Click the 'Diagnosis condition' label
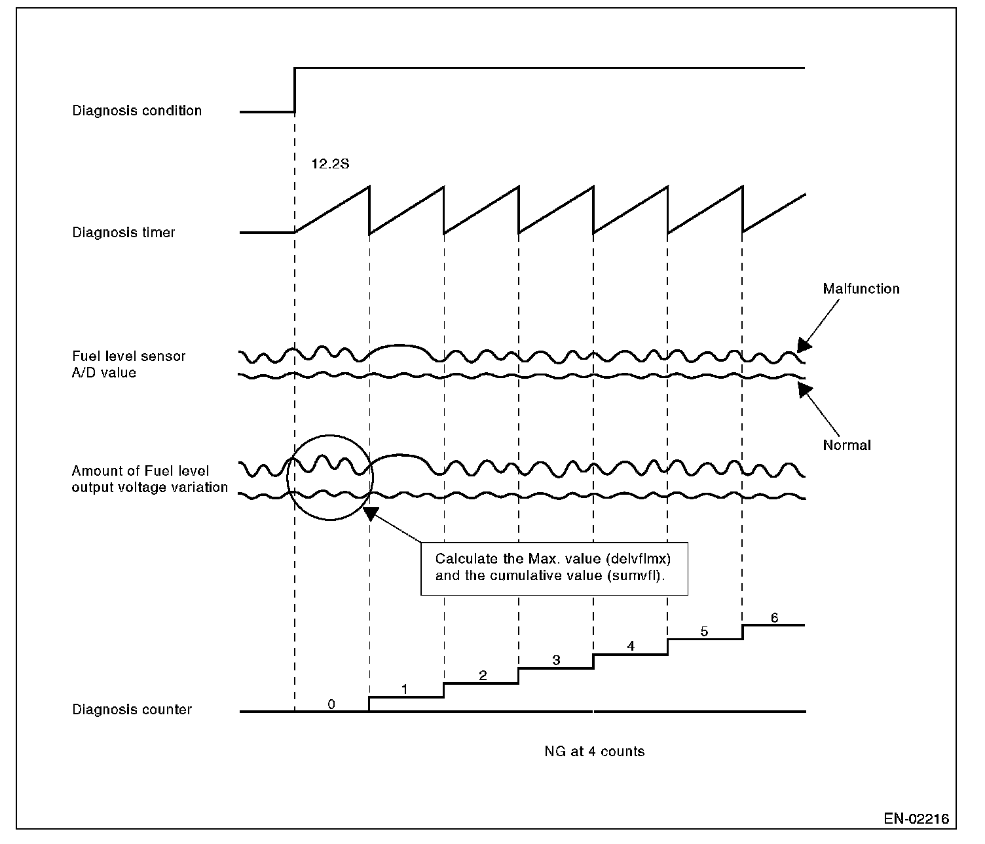[x=137, y=111]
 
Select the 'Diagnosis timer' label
[x=124, y=233]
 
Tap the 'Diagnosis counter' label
[x=132, y=710]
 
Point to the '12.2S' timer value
[x=330, y=164]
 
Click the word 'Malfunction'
[x=861, y=289]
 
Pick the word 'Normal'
[x=847, y=446]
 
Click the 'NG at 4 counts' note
[x=594, y=752]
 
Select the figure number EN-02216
[x=916, y=818]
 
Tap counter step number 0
[x=331, y=704]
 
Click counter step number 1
[x=405, y=689]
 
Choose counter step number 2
[x=483, y=676]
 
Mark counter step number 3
[x=556, y=661]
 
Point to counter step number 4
[x=631, y=646]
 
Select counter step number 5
[x=705, y=632]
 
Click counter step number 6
[x=774, y=618]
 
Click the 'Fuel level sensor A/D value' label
[x=129, y=364]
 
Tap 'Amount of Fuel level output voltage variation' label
[x=149, y=479]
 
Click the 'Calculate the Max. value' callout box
[x=554, y=568]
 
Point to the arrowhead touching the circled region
[x=371, y=514]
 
